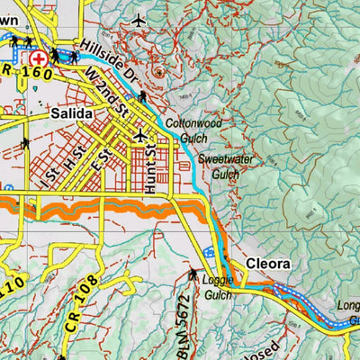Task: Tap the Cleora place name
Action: point(267,264)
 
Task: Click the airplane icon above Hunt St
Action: point(139,135)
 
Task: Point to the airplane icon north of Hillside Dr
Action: point(138,19)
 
